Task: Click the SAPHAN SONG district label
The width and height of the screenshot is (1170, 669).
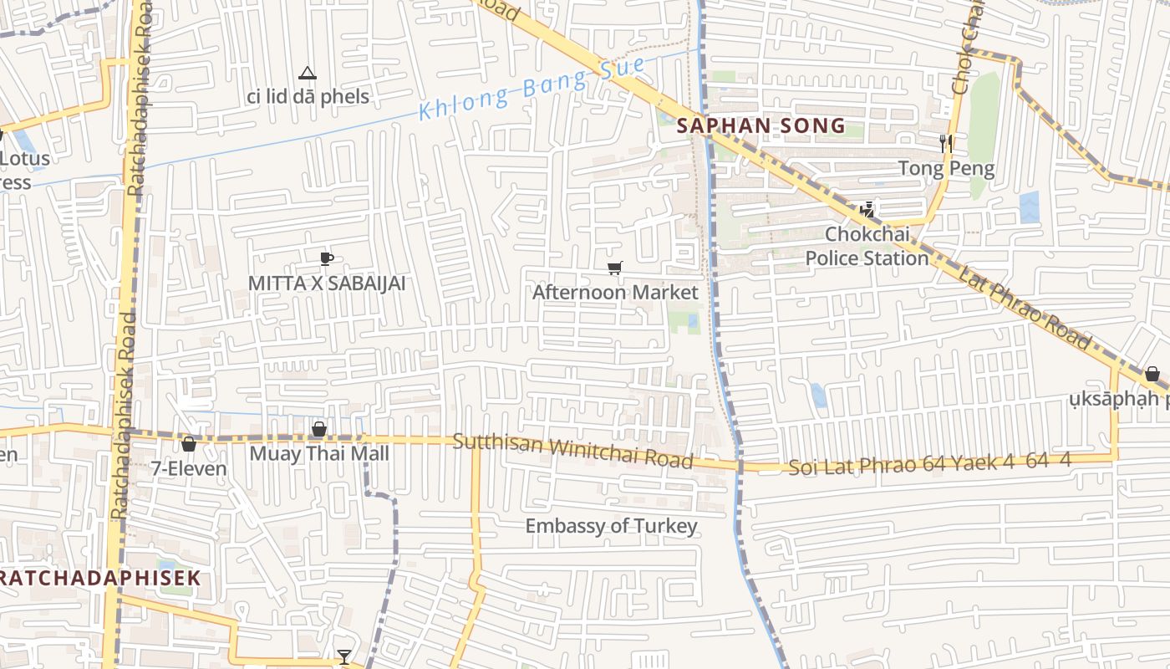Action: coord(760,126)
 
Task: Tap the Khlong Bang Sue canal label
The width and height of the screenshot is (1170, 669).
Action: coord(532,88)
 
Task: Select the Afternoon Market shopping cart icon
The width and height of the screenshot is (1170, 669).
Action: coord(614,268)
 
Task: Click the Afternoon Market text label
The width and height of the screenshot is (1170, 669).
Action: coord(614,292)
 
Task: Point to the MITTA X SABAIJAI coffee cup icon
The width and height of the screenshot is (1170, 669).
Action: coord(327,258)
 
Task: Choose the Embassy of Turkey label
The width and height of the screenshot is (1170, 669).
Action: coord(611,526)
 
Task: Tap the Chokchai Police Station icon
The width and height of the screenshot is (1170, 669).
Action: coord(867,209)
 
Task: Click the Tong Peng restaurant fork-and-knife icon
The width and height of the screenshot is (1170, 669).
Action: coord(946,143)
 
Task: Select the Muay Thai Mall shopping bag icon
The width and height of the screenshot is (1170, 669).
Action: coord(319,429)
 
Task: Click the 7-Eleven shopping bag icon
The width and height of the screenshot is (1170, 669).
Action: coord(189,443)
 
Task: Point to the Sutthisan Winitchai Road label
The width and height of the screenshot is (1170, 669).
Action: coord(572,450)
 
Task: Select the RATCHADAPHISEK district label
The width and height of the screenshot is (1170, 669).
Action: coord(100,578)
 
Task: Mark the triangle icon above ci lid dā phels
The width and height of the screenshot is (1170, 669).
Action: coord(308,74)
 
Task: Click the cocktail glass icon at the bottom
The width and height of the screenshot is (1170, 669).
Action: coord(343,656)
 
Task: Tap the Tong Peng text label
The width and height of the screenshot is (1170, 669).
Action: coord(946,169)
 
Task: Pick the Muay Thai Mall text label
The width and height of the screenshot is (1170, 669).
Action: coord(320,454)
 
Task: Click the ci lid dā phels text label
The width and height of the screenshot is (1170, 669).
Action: coord(308,97)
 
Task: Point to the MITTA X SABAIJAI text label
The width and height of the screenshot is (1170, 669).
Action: coord(327,283)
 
